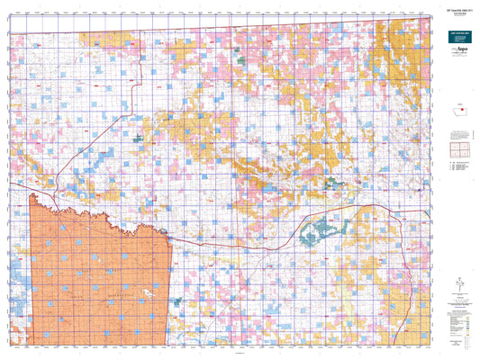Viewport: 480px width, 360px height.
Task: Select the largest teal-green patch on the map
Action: tap(316, 235)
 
